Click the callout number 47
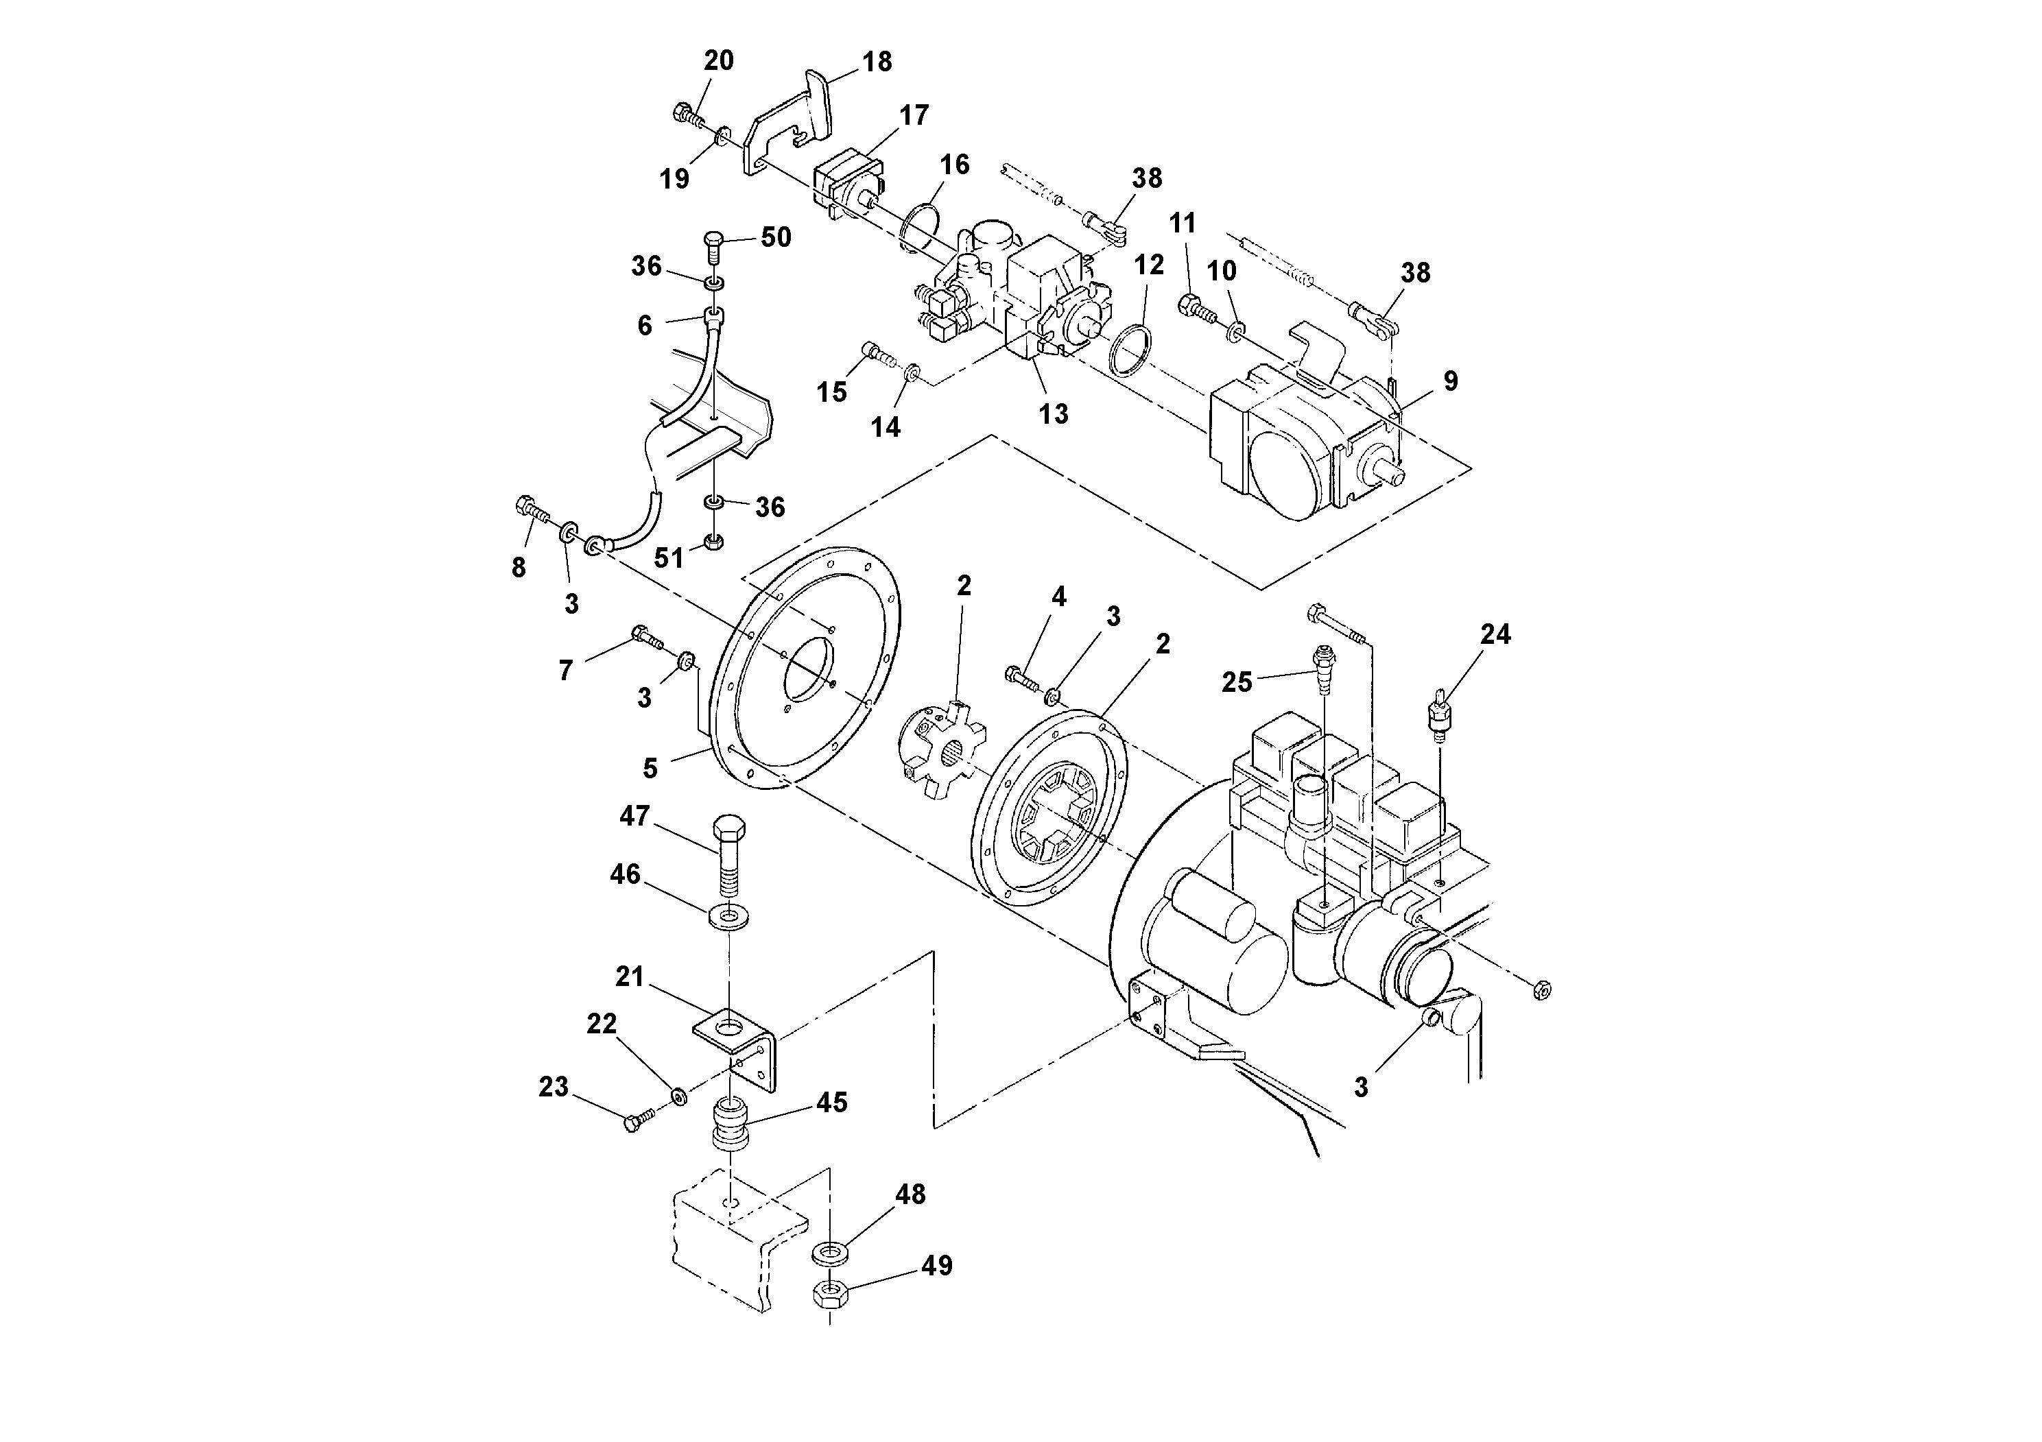pos(634,815)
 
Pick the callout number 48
pos(910,1194)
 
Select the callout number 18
pos(877,61)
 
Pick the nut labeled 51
pos(713,542)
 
